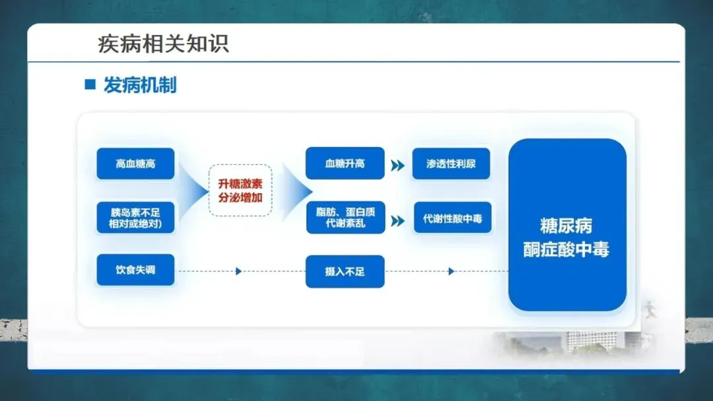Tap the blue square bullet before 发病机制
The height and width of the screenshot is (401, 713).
[x=90, y=85]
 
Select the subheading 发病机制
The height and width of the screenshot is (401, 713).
[x=140, y=85]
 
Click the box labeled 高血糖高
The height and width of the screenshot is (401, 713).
[x=135, y=164]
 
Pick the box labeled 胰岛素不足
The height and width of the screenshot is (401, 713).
[x=135, y=218]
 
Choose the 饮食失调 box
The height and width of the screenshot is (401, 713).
[x=135, y=270]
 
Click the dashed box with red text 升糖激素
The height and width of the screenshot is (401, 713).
[x=240, y=191]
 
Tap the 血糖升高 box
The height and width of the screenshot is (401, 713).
[x=345, y=164]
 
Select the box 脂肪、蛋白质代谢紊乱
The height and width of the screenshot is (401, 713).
[x=345, y=218]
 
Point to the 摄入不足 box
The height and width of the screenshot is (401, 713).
[x=345, y=271]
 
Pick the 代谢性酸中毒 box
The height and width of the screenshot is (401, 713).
[x=452, y=218]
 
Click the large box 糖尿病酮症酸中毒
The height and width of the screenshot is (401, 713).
[x=566, y=225]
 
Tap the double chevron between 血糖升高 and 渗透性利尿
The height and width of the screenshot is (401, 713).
[x=397, y=166]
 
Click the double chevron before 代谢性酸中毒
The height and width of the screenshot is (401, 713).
[x=397, y=221]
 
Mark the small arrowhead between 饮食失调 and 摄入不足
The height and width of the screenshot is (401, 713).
[x=238, y=271]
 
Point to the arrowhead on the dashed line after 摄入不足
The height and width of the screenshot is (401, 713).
[x=452, y=271]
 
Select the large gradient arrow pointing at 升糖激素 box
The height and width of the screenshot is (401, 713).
[x=193, y=191]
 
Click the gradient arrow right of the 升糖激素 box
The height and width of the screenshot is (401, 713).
[x=296, y=191]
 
